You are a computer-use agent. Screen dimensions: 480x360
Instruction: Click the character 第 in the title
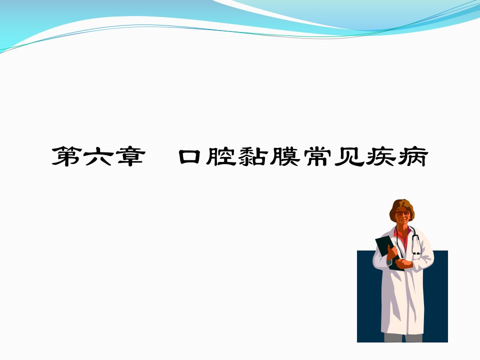67,156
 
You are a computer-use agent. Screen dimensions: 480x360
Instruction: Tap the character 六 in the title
98,156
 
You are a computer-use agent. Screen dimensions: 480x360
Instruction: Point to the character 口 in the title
189,156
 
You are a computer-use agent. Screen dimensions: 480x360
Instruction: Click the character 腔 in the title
221,156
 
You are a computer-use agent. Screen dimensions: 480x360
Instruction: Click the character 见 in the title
348,156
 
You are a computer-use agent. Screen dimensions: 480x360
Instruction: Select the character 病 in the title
412,156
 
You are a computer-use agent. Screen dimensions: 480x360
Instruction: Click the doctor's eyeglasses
402,213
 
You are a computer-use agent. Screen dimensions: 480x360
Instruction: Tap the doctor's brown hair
401,204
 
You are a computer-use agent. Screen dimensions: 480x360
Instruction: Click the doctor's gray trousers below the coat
403,338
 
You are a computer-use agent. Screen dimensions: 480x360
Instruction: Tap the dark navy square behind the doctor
367,306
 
